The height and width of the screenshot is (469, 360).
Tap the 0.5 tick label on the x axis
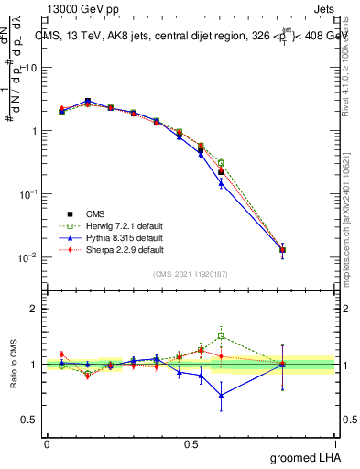pyautogui.click(x=191, y=442)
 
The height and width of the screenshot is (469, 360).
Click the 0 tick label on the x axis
pyautogui.click(x=47, y=442)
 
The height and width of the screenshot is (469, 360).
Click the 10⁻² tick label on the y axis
pyautogui.click(x=27, y=257)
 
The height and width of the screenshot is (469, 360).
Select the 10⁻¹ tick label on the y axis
pyautogui.click(x=27, y=194)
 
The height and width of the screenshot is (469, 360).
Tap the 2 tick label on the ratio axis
pyautogui.click(x=33, y=309)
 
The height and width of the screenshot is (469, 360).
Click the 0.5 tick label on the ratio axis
pyautogui.click(x=28, y=420)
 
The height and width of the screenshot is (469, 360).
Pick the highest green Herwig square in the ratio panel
pyautogui.click(x=221, y=336)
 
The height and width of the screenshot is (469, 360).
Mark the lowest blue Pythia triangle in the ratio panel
pyautogui.click(x=221, y=395)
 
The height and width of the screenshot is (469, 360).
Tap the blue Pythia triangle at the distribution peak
pyautogui.click(x=88, y=101)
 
